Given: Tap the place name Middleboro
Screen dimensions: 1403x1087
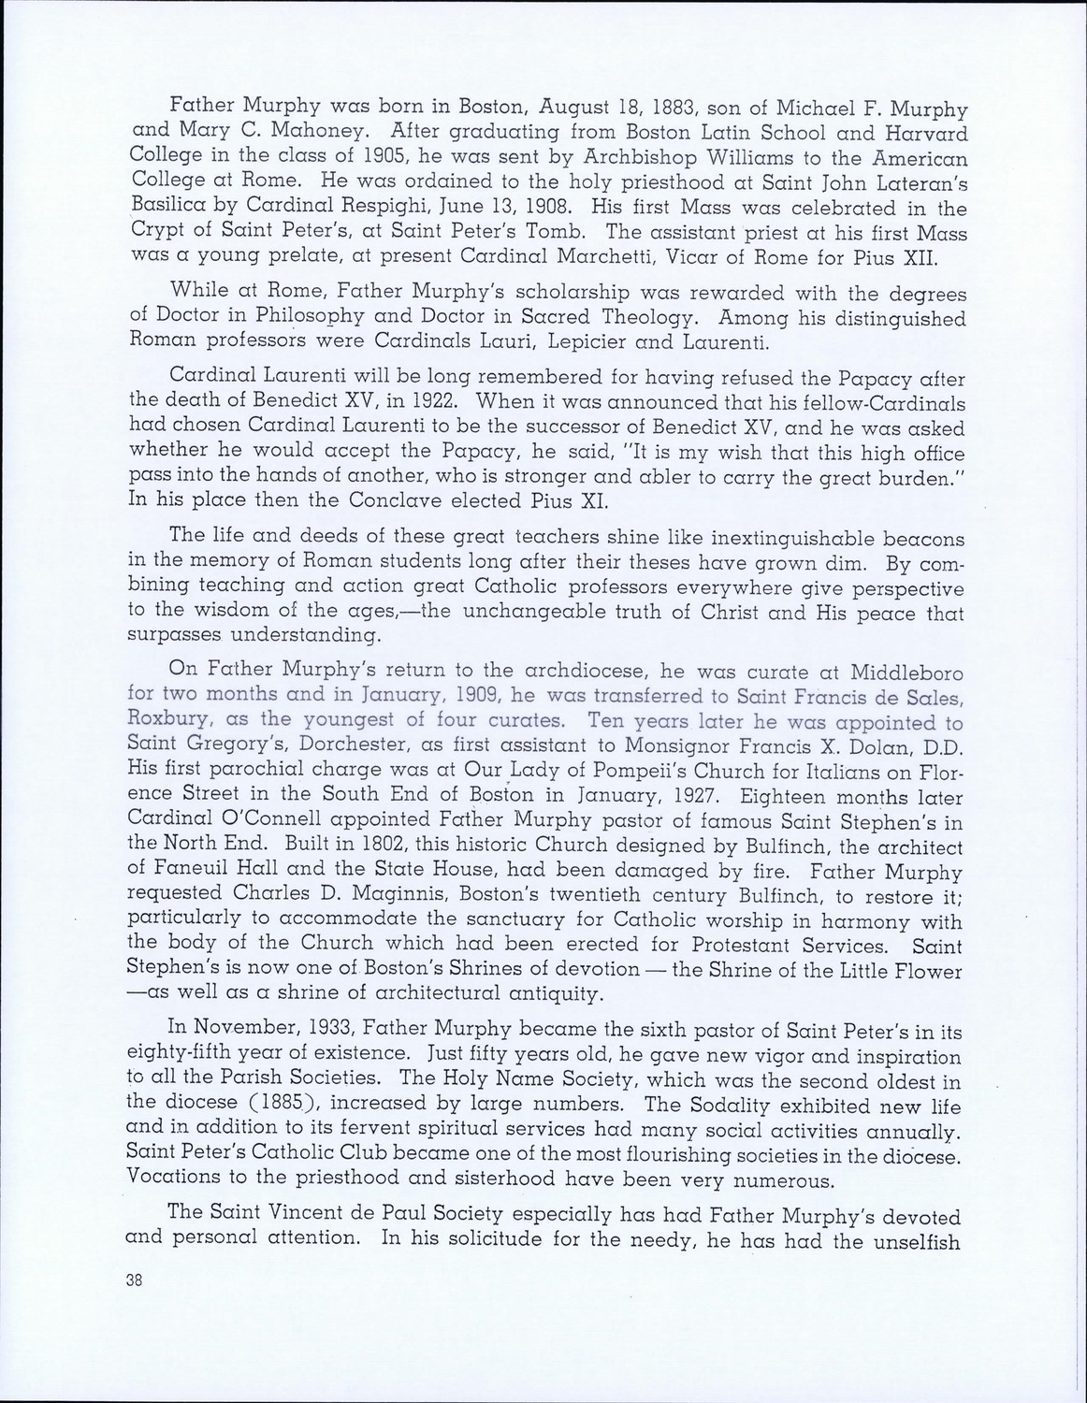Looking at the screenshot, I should click(903, 673).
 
